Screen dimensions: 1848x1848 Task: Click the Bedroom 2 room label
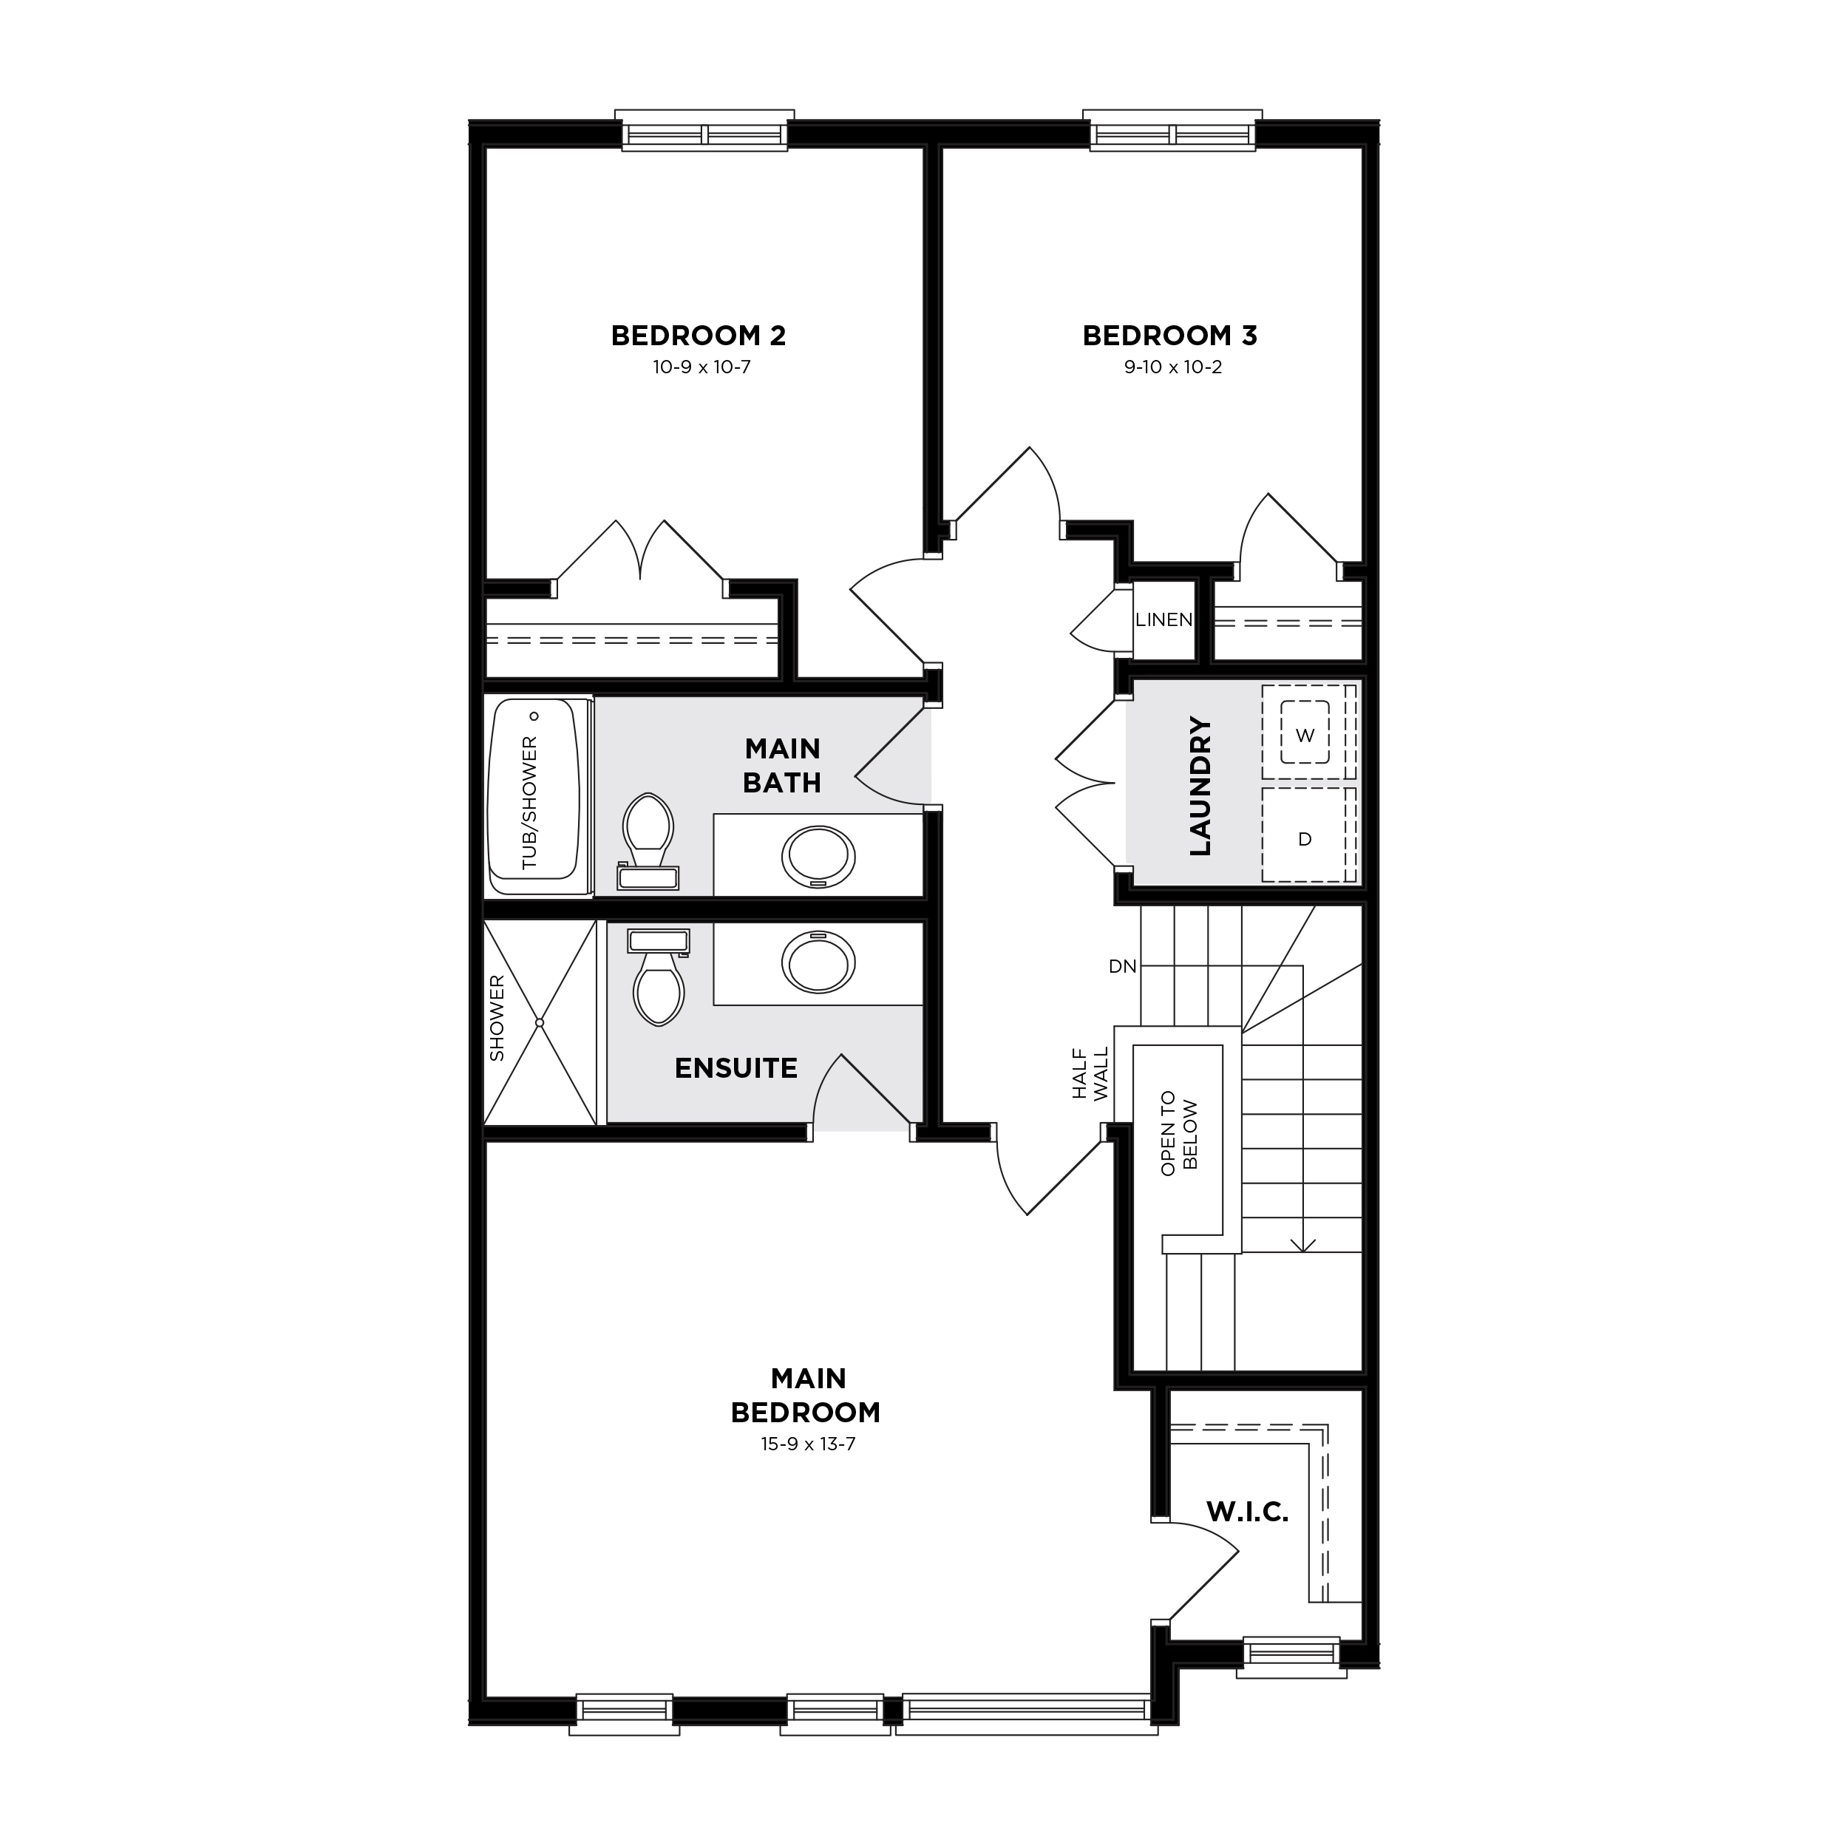click(699, 336)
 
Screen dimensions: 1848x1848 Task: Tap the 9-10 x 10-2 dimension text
click(1172, 367)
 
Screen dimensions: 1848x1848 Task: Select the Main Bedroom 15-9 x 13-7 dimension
click(807, 1444)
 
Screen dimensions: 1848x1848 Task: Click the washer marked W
click(1305, 732)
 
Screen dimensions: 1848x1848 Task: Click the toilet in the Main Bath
click(648, 840)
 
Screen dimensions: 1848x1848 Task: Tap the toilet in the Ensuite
click(658, 976)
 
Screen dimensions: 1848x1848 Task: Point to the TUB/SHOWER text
click(530, 804)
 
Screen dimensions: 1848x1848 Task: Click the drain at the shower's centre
click(540, 1022)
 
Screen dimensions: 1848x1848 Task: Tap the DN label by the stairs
click(1123, 967)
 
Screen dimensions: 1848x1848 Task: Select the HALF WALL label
click(1090, 1073)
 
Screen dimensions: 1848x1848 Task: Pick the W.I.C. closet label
click(1247, 1512)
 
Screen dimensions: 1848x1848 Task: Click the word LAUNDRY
click(1200, 787)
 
